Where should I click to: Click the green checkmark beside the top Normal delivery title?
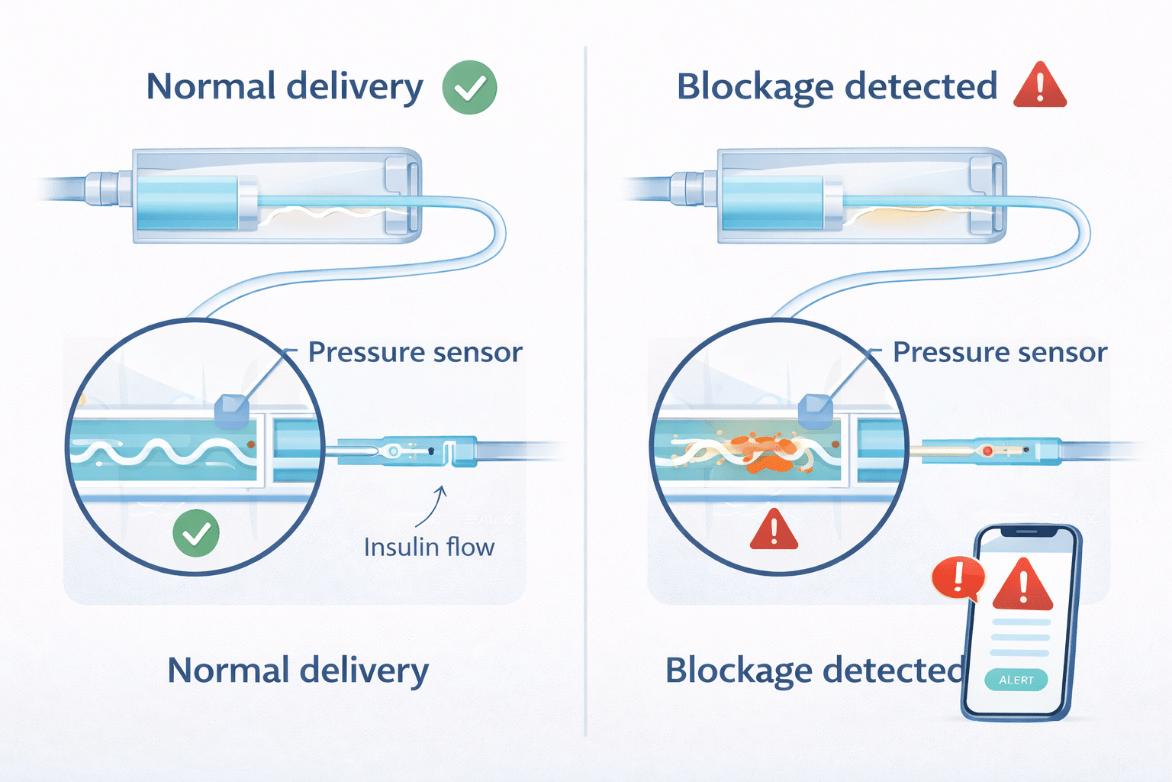(x=469, y=88)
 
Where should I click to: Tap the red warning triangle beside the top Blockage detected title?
(x=1039, y=86)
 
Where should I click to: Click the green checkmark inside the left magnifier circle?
(x=196, y=533)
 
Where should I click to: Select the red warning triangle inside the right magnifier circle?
(x=774, y=530)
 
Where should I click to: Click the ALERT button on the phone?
(x=1016, y=680)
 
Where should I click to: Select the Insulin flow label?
(x=429, y=548)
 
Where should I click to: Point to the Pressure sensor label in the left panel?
(x=415, y=352)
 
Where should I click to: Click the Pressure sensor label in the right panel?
(x=1000, y=352)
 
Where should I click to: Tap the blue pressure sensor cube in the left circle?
(x=231, y=412)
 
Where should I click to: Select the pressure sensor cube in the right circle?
(x=815, y=412)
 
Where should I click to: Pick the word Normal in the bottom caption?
(x=228, y=671)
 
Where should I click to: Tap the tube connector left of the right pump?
(x=687, y=189)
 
